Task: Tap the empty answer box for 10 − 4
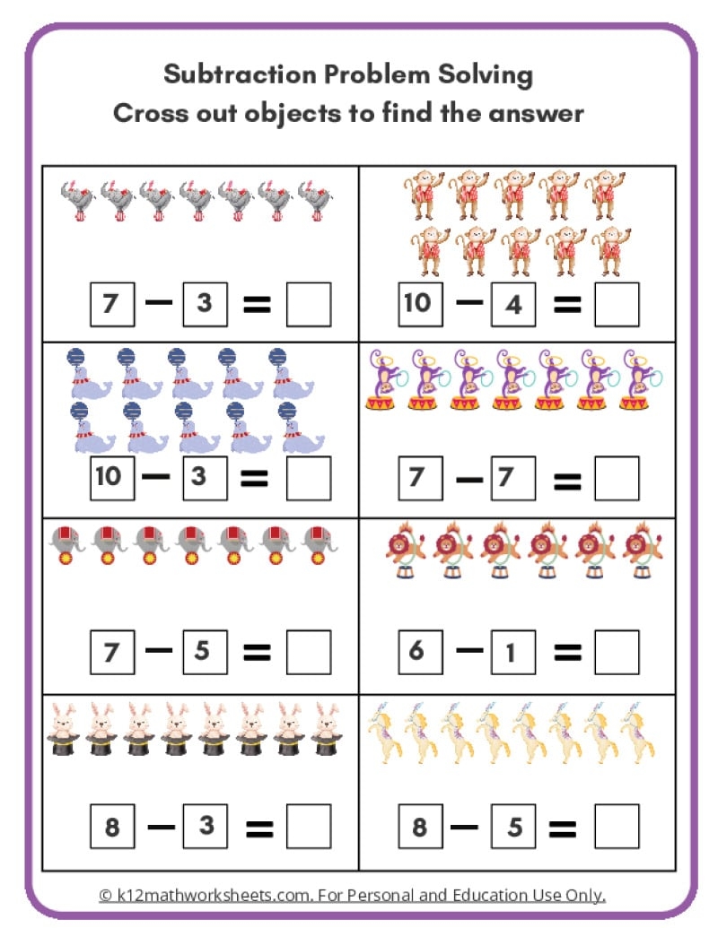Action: (617, 303)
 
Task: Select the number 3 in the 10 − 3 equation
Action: (205, 476)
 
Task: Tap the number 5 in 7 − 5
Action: (205, 650)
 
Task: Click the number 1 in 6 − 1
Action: (512, 651)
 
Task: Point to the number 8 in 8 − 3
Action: (112, 826)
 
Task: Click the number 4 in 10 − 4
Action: (512, 304)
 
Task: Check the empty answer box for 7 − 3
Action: (308, 304)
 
